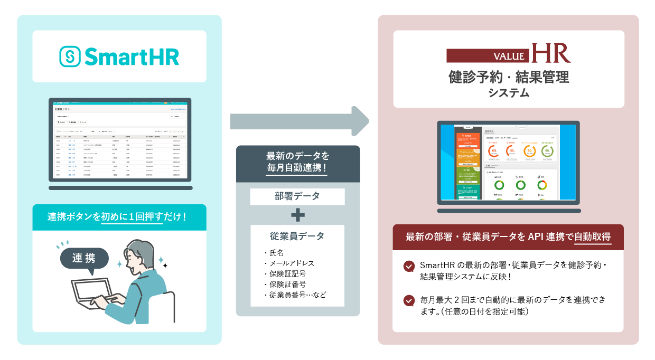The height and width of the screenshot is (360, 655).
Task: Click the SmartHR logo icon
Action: [70, 56]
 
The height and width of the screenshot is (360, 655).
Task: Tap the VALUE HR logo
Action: [508, 54]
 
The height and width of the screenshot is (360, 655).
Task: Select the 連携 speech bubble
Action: [85, 259]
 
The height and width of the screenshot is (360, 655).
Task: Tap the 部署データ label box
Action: [297, 197]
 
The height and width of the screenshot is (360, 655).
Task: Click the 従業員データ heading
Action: [297, 235]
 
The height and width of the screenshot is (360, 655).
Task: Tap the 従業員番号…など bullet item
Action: [297, 295]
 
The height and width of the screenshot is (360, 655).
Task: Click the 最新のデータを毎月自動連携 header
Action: [297, 162]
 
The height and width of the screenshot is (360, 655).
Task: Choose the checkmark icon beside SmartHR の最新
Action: [409, 266]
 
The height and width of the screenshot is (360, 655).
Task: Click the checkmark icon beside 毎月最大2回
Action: [409, 300]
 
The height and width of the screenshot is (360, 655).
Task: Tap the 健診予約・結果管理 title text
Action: [508, 78]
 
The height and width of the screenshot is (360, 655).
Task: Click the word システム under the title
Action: [508, 93]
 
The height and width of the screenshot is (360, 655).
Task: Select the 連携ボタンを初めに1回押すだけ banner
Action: [119, 217]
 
